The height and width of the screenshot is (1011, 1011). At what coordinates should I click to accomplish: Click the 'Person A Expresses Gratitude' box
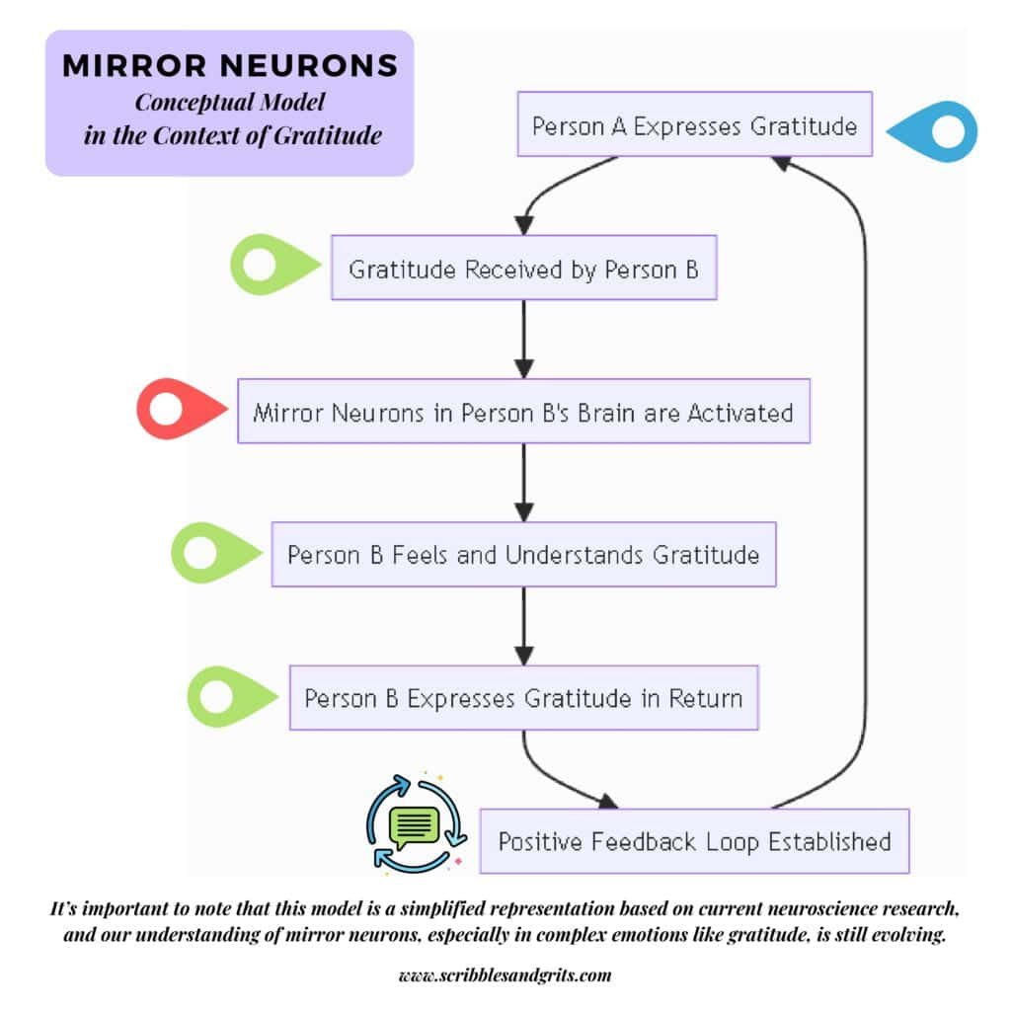(x=694, y=125)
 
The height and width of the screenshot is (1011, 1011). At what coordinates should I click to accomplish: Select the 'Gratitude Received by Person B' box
(x=523, y=268)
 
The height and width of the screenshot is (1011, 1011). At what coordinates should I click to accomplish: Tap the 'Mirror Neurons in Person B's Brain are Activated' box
(x=523, y=411)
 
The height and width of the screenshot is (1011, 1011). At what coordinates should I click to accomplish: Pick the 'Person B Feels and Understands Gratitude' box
(x=523, y=554)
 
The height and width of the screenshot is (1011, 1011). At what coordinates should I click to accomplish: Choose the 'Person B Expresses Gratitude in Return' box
(x=523, y=698)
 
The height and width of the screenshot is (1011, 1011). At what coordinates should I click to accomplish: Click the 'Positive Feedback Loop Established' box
(x=694, y=841)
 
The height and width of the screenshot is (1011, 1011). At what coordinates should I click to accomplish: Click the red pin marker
(x=178, y=409)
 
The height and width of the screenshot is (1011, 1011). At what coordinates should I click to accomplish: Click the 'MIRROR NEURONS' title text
(x=229, y=66)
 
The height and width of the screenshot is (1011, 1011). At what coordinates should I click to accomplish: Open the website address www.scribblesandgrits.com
(x=505, y=975)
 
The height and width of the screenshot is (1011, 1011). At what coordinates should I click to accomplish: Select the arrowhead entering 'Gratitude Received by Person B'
(x=525, y=224)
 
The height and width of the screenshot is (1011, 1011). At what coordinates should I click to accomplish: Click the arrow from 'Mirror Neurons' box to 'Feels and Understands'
(x=524, y=482)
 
